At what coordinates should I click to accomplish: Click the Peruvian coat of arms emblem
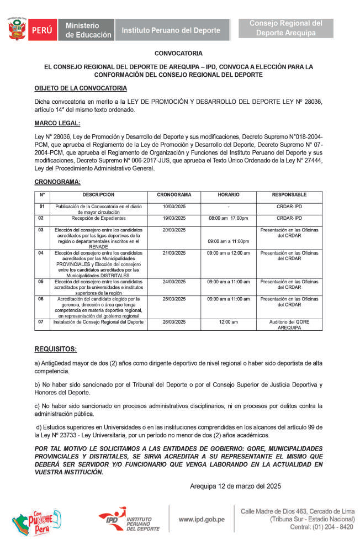16,29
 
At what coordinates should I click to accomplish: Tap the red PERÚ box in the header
41,30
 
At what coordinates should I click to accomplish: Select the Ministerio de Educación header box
88,30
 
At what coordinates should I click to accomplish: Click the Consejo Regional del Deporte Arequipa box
285,28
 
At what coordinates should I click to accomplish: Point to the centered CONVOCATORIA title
179,54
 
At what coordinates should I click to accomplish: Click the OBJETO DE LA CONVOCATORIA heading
81,88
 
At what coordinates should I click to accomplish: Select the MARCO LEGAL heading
57,123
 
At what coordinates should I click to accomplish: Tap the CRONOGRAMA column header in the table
174,195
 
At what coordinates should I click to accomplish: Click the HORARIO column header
228,195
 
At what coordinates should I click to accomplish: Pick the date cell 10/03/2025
174,207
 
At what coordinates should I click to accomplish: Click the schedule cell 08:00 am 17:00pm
228,218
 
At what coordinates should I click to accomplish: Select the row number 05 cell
41,282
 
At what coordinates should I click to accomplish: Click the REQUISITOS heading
55,349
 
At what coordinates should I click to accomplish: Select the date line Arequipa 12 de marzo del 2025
235,487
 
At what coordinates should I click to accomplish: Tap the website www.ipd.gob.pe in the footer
202,519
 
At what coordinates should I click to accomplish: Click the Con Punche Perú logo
36,521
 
